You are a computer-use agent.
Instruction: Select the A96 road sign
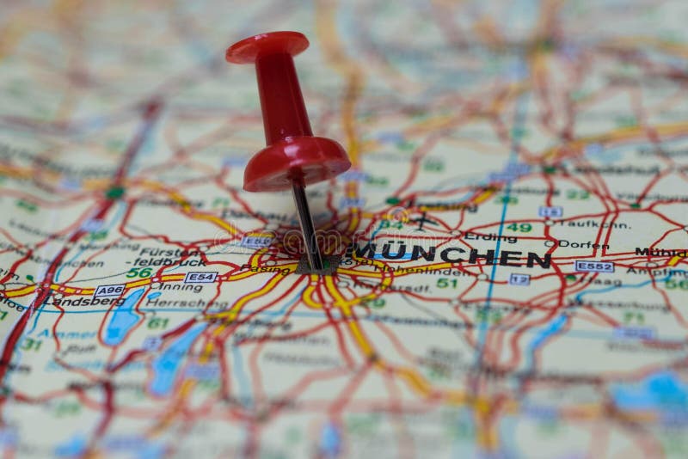point(109,291)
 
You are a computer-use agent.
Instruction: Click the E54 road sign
point(200,277)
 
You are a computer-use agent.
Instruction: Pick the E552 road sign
point(594,266)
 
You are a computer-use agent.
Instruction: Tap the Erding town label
point(491,237)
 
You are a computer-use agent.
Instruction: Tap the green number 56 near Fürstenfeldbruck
point(138,272)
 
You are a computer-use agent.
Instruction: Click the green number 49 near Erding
point(519,228)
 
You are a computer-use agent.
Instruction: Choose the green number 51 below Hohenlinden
point(446,283)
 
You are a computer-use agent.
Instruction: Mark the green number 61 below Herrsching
point(157,323)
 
